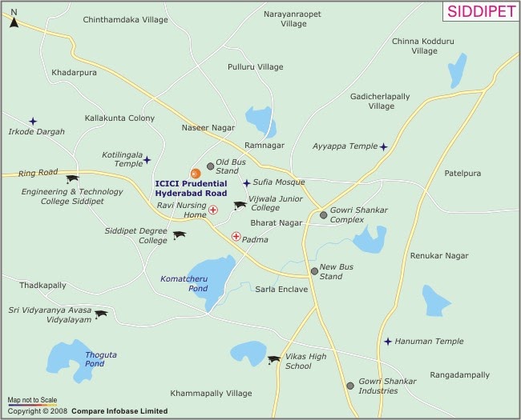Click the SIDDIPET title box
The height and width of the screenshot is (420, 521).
point(479,12)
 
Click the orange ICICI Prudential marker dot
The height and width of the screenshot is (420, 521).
point(194,173)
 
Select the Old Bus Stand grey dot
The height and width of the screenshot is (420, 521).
point(211,166)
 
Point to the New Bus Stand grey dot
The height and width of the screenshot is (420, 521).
point(314,271)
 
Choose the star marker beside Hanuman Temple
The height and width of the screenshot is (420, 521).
point(388,342)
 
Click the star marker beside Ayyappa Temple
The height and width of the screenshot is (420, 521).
point(384,147)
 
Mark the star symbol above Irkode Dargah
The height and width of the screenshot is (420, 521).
point(33,122)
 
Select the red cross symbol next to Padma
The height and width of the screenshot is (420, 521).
point(236,237)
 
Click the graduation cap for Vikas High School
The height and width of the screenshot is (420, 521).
point(274,360)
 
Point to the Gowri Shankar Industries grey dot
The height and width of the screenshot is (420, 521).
point(349,386)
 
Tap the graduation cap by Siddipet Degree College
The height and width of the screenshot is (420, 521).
point(179,235)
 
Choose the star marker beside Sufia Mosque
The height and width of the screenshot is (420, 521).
point(247,183)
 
